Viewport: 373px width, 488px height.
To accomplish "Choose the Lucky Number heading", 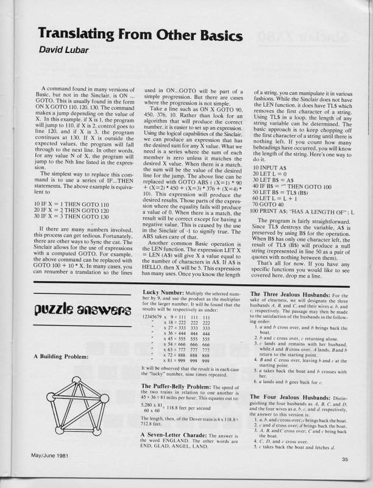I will click(160, 294).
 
